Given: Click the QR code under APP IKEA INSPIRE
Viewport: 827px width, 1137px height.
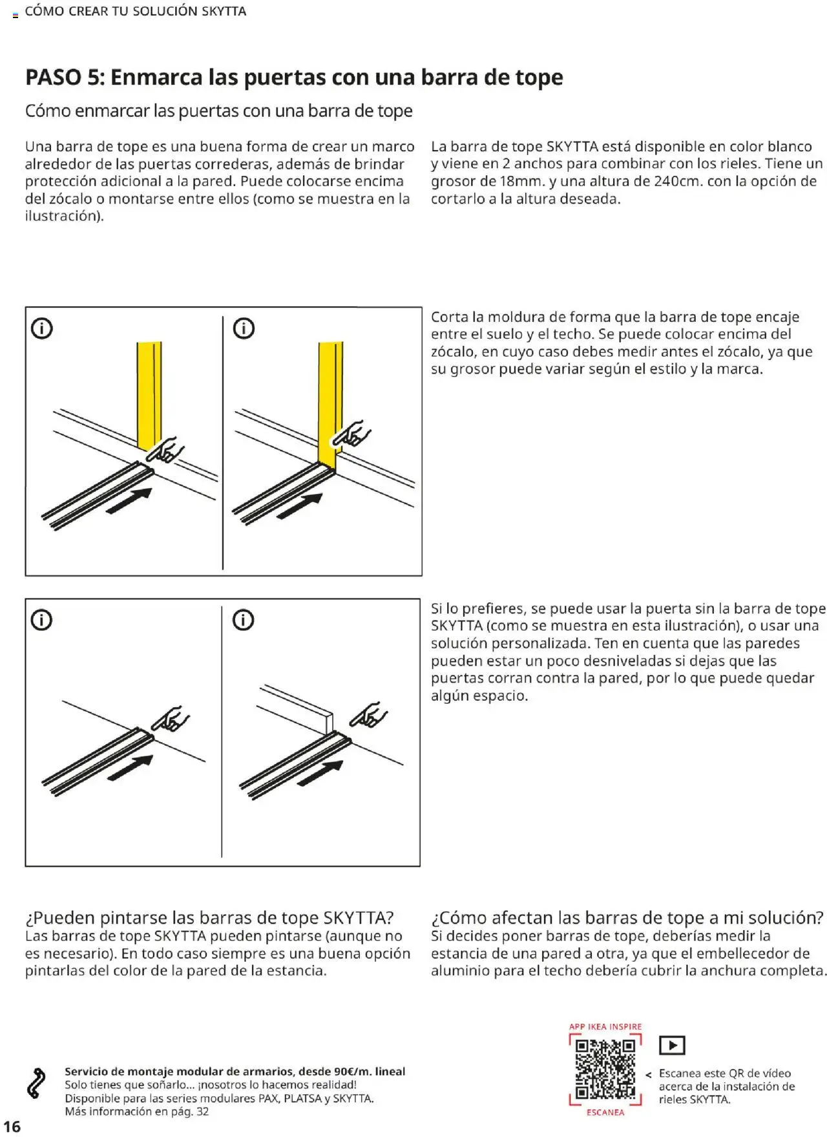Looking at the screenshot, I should [x=605, y=1068].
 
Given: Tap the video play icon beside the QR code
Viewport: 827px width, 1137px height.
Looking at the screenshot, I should [x=672, y=1045].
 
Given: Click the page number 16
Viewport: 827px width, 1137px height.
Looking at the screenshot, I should [x=12, y=1126].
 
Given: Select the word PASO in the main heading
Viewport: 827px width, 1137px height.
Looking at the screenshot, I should [x=54, y=78].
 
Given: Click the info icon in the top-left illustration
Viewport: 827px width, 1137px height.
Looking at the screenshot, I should [x=42, y=328].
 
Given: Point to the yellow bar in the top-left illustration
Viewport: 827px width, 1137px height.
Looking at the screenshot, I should [x=149, y=394].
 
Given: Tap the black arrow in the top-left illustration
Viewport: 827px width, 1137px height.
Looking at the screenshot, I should [x=129, y=501].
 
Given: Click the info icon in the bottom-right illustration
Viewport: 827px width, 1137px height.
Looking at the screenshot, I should [x=243, y=620].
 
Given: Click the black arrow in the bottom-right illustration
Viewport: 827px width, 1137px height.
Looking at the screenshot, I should [x=320, y=772].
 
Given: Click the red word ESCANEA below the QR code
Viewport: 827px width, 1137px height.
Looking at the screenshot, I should [x=605, y=1112].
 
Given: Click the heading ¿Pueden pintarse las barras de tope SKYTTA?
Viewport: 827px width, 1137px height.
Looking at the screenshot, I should [x=209, y=918].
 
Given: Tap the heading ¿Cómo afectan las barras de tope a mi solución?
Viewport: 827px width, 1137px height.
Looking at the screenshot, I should [x=627, y=918].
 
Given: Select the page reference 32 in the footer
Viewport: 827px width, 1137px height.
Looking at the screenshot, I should [x=202, y=1111].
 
